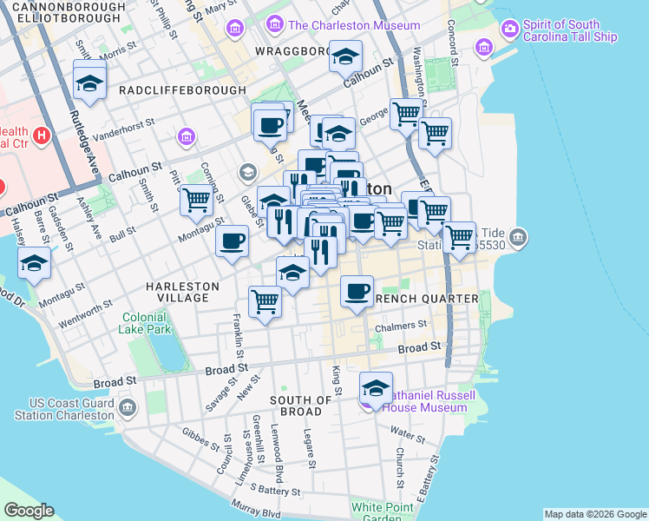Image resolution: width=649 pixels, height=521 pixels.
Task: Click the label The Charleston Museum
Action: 354,25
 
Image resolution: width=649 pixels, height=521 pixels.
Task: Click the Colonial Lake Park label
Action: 146,324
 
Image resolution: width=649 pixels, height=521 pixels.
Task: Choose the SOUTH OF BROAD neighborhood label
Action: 301,406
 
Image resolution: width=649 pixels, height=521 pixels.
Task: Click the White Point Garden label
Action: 377,512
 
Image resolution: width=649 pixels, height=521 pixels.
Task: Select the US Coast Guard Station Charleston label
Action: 71,409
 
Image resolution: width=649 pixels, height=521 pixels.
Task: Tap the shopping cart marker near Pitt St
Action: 196,199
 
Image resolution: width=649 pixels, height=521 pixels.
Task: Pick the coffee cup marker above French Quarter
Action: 356,291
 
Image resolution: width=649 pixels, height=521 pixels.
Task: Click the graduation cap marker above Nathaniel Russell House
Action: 376,386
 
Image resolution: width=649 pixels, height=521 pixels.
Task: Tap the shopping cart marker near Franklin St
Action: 265,301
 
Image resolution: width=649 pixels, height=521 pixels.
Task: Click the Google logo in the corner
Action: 29,511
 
